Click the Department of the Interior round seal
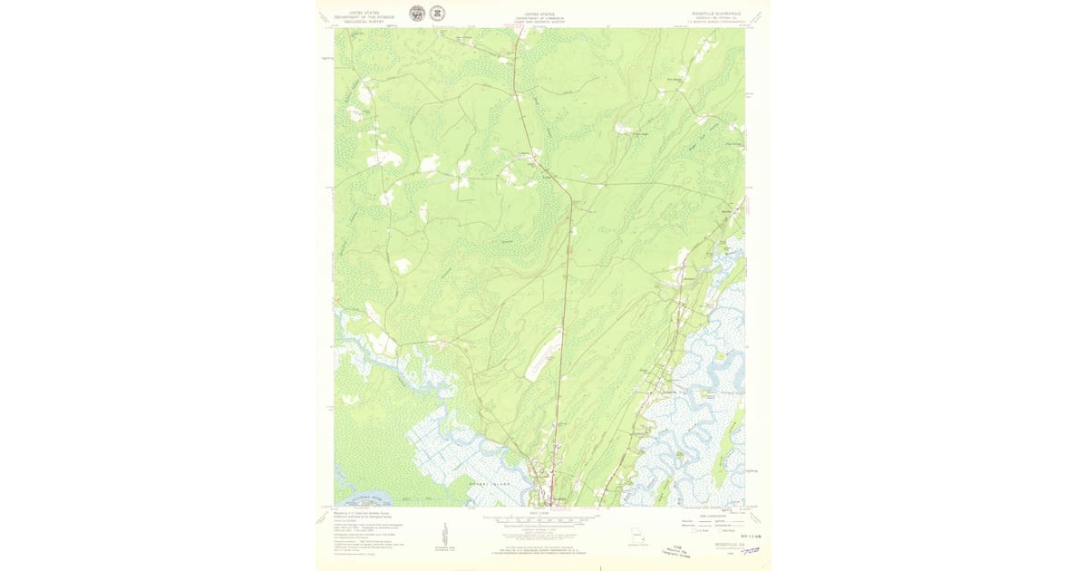pos(417,14)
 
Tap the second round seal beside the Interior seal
pos(437,14)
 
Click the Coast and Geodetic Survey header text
pos(540,17)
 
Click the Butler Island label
pos(486,485)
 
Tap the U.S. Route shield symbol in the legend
pos(695,530)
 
